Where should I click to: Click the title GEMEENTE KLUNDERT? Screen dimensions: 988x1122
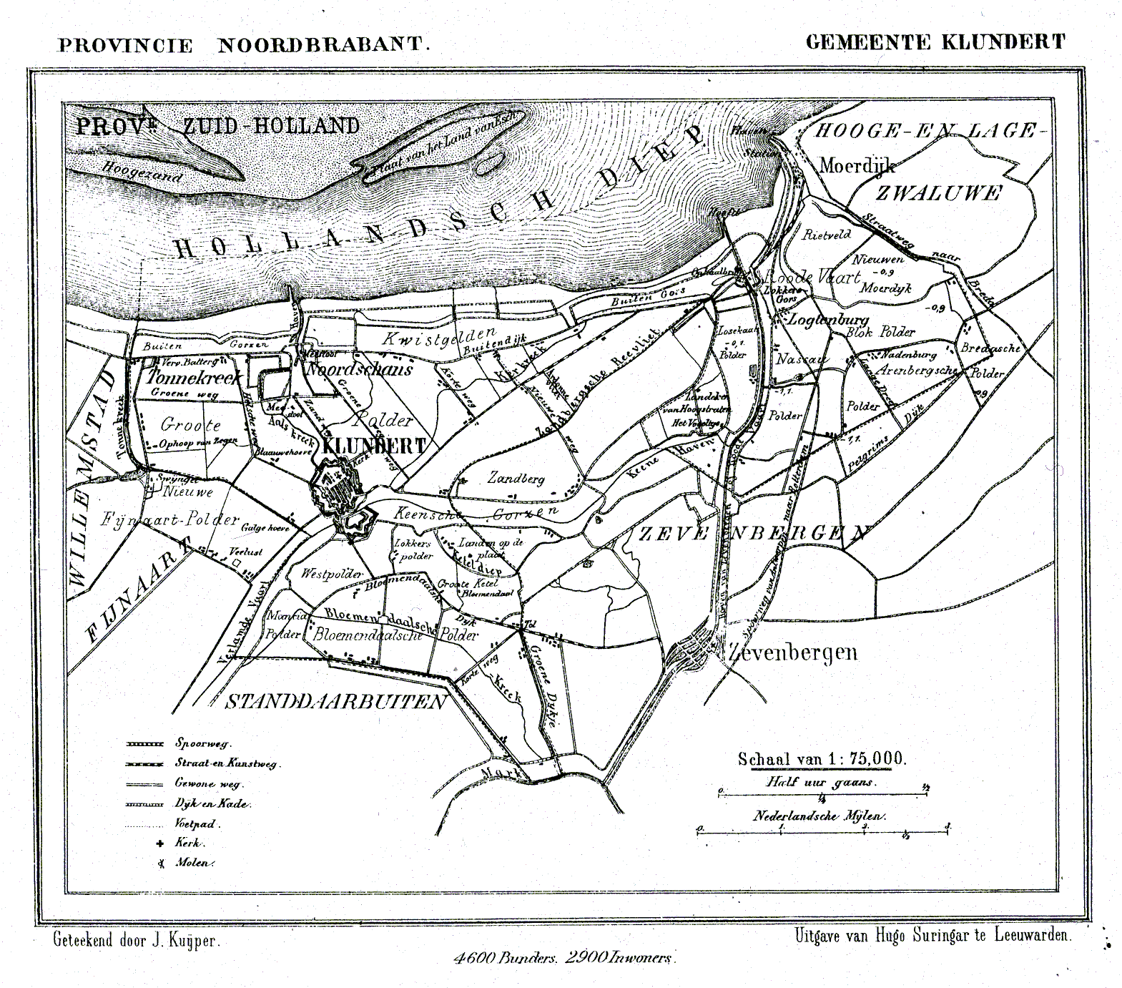[935, 42]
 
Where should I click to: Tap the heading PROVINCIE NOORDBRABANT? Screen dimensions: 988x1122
[244, 45]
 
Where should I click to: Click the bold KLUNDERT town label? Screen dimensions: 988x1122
[374, 446]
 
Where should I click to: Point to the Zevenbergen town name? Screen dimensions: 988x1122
[792, 652]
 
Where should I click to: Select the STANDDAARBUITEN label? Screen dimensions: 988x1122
[335, 702]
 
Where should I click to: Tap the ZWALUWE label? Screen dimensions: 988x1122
[938, 193]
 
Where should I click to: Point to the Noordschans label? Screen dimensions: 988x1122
[359, 369]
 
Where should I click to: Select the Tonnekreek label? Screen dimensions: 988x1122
[186, 376]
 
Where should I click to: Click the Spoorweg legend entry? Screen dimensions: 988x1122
[203, 743]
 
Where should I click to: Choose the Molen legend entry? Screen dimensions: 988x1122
[193, 863]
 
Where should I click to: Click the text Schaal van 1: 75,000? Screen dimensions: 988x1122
[822, 759]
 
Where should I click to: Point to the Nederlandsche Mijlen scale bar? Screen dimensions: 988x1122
[823, 830]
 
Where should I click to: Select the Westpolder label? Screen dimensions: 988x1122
[331, 574]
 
